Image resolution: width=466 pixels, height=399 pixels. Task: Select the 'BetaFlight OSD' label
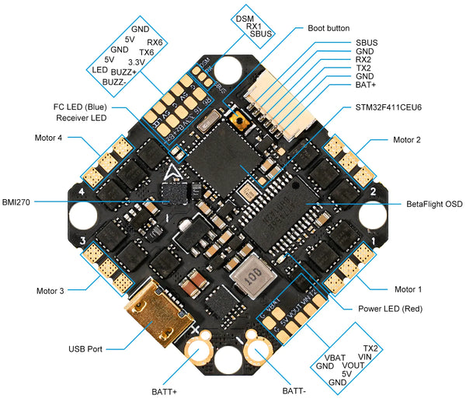[434, 204]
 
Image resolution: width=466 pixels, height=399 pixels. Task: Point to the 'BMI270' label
[17, 199]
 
